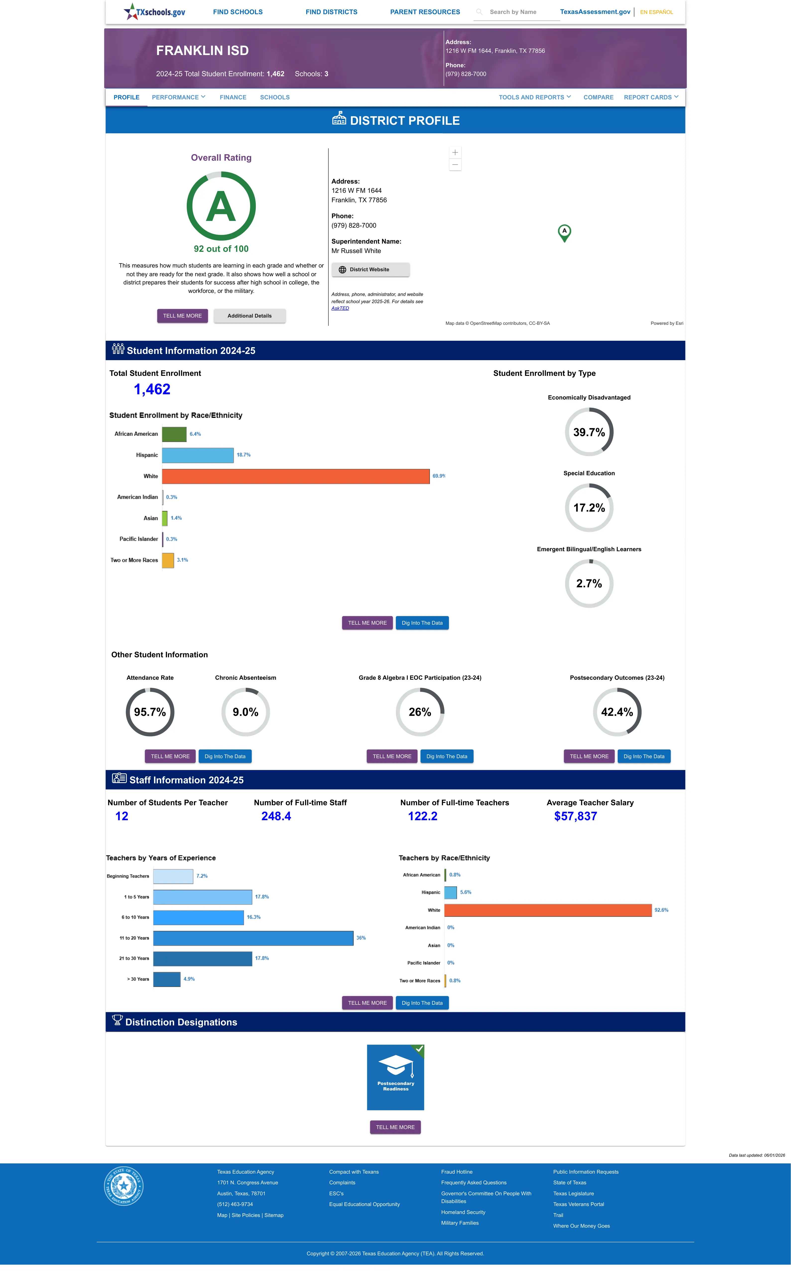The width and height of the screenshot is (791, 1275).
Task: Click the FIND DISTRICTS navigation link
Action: [331, 12]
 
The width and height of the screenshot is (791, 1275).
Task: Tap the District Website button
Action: [370, 269]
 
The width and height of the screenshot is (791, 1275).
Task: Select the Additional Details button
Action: [249, 316]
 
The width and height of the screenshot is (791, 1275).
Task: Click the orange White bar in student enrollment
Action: [296, 476]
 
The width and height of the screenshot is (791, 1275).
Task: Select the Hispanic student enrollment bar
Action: [198, 455]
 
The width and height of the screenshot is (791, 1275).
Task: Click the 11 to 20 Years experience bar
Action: [253, 938]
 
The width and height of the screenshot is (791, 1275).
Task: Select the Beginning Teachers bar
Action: [173, 876]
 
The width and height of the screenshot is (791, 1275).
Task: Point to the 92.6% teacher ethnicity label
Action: [661, 910]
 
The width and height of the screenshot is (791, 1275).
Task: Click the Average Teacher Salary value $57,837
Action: [575, 816]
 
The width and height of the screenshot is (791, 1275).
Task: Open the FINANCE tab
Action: [233, 97]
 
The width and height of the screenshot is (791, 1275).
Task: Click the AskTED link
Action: [340, 308]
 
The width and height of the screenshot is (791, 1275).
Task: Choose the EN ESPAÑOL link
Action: [657, 12]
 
